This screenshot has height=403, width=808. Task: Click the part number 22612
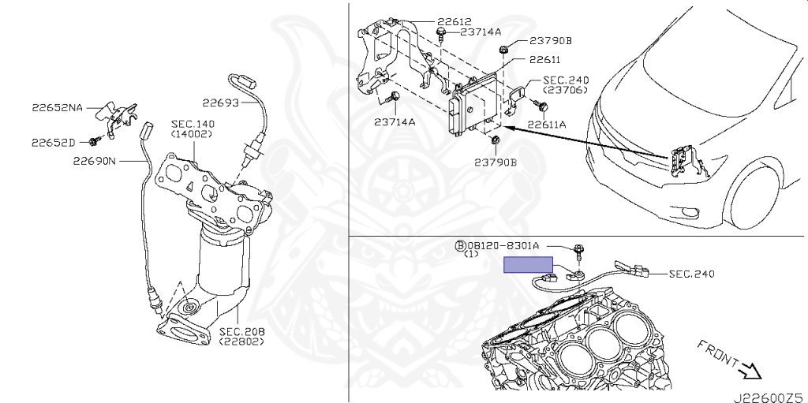pos(454,21)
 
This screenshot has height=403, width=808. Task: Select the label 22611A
pos(546,124)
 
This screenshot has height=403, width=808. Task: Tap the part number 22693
pos(221,103)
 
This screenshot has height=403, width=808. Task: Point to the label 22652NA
pos(57,108)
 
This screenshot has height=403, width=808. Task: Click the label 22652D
pos(53,142)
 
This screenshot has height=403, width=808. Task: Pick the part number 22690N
pos(95,162)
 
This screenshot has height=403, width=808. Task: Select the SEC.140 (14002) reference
pos(193,129)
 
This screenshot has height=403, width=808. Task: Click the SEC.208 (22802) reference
pos(241,335)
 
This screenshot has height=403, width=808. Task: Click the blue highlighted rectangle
pos(528,264)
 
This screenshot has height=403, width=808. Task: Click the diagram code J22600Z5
pos(770,397)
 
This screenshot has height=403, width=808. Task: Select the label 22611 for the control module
pos(544,60)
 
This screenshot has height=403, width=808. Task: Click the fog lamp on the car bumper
pos(686,212)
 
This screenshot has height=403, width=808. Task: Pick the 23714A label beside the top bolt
pos(481,32)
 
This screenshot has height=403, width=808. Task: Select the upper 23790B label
pos(551,41)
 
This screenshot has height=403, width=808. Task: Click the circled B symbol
pos(460,246)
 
